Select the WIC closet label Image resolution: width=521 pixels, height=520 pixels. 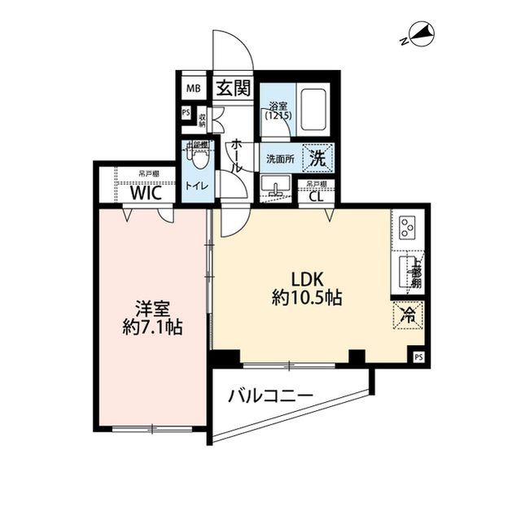pos(147,193)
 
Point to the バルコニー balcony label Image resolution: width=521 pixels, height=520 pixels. pos(271,396)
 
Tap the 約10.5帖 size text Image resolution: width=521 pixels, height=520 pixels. pos(306,298)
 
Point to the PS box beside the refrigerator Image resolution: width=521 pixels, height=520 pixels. pos(418,356)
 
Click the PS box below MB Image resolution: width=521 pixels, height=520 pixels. pos(186,113)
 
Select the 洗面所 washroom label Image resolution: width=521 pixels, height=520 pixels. pos(281,159)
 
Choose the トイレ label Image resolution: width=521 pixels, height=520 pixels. pos(197,186)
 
